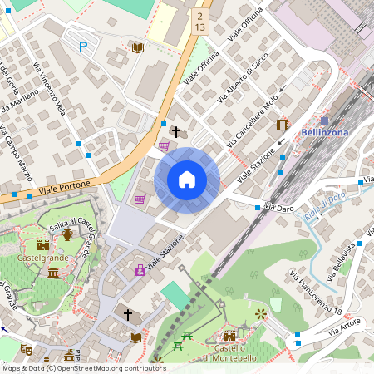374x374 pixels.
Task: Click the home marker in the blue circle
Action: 187,180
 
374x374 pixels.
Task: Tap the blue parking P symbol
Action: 82,47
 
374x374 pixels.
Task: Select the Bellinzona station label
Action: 324,133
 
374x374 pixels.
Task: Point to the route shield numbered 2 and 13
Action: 199,22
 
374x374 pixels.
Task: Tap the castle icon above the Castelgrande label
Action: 42,245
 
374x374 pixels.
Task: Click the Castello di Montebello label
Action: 229,352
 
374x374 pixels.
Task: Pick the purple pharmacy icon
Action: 140,270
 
